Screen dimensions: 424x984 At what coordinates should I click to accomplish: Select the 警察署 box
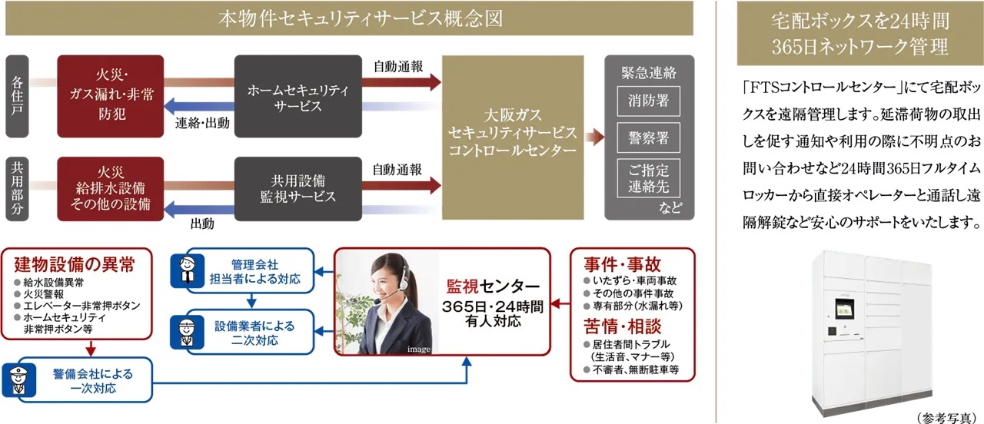click(x=649, y=139)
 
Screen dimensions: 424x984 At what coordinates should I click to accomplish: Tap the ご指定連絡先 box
click(x=649, y=178)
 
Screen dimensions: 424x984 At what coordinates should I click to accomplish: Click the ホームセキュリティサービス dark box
click(x=298, y=96)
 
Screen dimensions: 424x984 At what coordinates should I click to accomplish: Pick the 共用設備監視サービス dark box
click(x=298, y=187)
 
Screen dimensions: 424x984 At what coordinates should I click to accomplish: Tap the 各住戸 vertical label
click(x=16, y=96)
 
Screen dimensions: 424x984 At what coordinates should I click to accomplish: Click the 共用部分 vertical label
click(x=16, y=187)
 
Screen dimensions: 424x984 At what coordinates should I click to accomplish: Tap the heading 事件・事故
click(x=622, y=264)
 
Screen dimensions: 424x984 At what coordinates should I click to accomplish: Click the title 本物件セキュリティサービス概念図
click(x=351, y=18)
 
